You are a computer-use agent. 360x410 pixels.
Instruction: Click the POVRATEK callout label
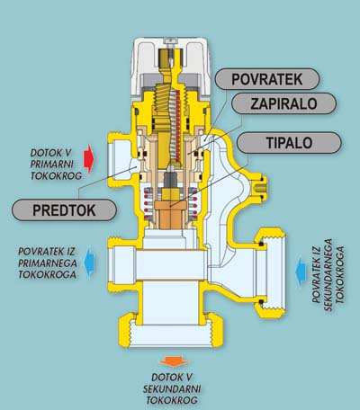[x=267, y=79]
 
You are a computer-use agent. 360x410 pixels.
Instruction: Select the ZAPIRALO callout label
[x=283, y=103]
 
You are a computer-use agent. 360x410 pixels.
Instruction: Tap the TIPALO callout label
[x=289, y=143]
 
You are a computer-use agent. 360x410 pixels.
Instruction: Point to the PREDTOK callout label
[x=64, y=210]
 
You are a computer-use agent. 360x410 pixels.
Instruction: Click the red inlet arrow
[x=89, y=158]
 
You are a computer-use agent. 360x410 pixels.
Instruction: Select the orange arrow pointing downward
[x=174, y=361]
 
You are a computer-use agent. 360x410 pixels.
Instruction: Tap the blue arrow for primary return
[x=89, y=262]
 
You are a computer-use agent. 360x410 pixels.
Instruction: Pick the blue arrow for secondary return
[x=301, y=272]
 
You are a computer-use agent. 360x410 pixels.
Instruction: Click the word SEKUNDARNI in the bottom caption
[x=172, y=389]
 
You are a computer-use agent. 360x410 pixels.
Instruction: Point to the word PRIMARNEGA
[x=48, y=263]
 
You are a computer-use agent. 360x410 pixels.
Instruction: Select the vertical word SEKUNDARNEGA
[x=328, y=274]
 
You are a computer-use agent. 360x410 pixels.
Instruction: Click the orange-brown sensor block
[x=170, y=214]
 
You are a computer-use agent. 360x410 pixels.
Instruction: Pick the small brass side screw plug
[x=260, y=188]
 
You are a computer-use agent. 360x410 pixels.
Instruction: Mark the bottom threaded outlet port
[x=171, y=333]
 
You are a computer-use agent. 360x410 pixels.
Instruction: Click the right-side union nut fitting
[x=270, y=272]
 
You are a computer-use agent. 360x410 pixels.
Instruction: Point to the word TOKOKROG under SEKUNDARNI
[x=172, y=400]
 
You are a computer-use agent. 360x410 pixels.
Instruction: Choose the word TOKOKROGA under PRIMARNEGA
[x=47, y=274]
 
